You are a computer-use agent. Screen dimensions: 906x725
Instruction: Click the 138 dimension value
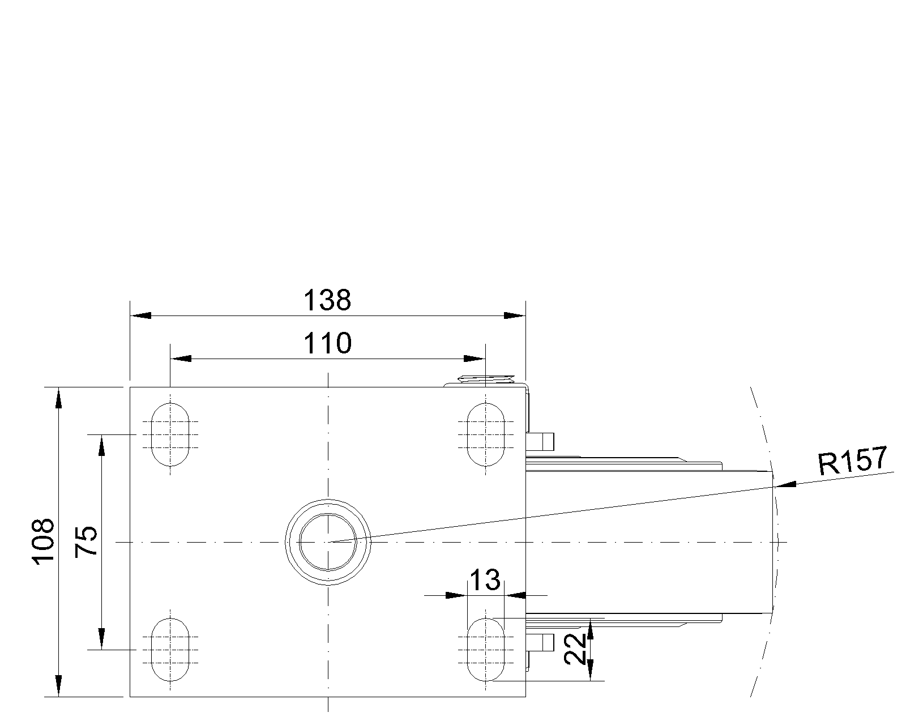[x=327, y=300]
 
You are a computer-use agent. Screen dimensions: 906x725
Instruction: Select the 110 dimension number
[x=327, y=343]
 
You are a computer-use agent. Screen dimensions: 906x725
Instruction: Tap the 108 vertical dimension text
[x=43, y=541]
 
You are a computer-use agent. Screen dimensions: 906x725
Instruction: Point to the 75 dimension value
[x=86, y=541]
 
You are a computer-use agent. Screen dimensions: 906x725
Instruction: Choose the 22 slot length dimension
[x=575, y=649]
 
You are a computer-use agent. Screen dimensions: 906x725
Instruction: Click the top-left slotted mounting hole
[x=170, y=434]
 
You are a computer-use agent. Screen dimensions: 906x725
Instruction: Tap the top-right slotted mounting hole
[x=485, y=434]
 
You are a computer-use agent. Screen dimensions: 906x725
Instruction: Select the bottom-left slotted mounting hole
[x=170, y=650]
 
